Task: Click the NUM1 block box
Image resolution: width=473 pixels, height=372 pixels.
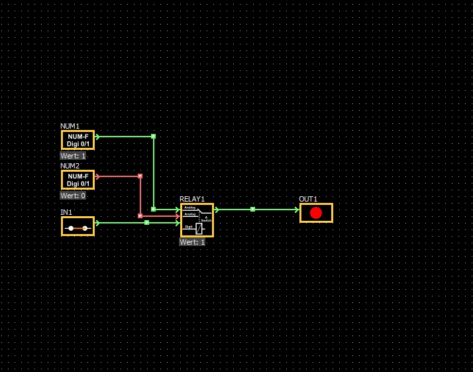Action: (78, 140)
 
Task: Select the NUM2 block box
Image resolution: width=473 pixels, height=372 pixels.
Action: (78, 180)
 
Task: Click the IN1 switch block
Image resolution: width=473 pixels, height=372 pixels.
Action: (78, 226)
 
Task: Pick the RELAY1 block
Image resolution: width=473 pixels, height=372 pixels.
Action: (197, 219)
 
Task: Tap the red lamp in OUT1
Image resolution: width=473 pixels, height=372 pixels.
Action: (316, 213)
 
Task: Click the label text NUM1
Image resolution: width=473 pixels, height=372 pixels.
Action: (70, 126)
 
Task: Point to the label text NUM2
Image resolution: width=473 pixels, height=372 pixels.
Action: (70, 166)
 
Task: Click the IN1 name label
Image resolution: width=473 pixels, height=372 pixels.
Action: (66, 212)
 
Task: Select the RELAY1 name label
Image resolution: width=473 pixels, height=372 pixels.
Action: (192, 199)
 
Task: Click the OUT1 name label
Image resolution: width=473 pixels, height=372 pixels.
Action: (308, 199)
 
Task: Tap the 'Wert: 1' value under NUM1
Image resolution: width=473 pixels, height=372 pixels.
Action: (73, 156)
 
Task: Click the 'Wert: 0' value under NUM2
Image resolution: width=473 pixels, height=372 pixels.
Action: (73, 196)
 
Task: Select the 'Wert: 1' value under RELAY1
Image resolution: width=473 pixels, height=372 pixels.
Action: (192, 242)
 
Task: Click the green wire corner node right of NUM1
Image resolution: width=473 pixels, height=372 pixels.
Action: (153, 137)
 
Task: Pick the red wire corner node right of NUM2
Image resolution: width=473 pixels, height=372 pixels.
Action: (140, 176)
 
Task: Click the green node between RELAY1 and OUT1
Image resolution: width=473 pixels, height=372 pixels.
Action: (252, 210)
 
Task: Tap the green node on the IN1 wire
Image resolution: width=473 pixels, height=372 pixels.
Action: (146, 223)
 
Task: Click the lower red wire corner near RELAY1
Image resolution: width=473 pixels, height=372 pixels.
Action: (140, 216)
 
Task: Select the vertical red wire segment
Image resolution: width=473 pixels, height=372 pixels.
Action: (140, 196)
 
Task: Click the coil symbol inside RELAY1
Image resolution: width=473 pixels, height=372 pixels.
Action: (199, 228)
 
